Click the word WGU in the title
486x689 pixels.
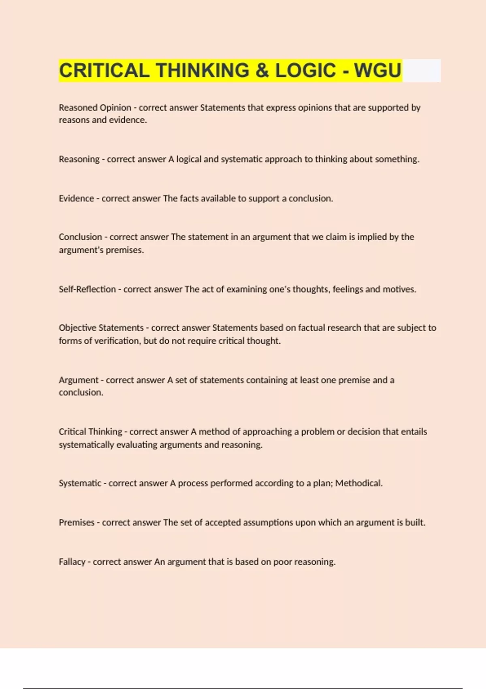pos(377,71)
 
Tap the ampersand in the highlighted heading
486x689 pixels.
pos(262,71)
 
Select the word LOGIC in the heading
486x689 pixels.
pos(306,71)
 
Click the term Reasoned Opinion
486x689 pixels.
pos(95,108)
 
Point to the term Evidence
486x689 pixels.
pos(76,199)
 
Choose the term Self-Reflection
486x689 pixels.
pos(87,289)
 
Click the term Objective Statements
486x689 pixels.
pos(101,328)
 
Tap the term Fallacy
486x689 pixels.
pos(72,562)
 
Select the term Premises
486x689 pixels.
pos(77,523)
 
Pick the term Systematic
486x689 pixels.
pos(80,484)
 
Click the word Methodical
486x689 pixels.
pos(358,484)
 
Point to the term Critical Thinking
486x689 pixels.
pos(90,432)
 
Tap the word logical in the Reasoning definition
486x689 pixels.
pos(189,159)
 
